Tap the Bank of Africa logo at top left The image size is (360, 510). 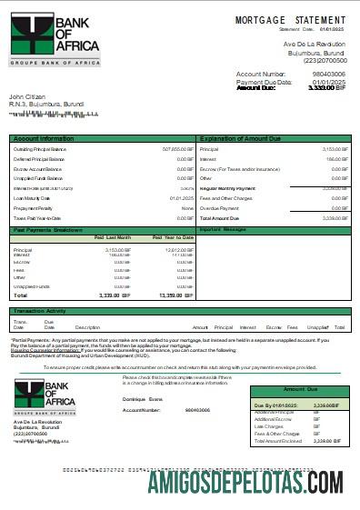click(x=43, y=39)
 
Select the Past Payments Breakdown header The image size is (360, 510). click(x=47, y=230)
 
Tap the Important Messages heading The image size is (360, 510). click(x=223, y=230)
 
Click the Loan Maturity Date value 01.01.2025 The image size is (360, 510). click(x=181, y=198)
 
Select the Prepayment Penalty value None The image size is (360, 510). click(x=187, y=208)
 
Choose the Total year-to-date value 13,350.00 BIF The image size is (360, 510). click(x=175, y=295)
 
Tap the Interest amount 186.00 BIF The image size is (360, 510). click(x=336, y=158)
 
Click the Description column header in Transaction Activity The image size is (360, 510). click(x=87, y=326)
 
